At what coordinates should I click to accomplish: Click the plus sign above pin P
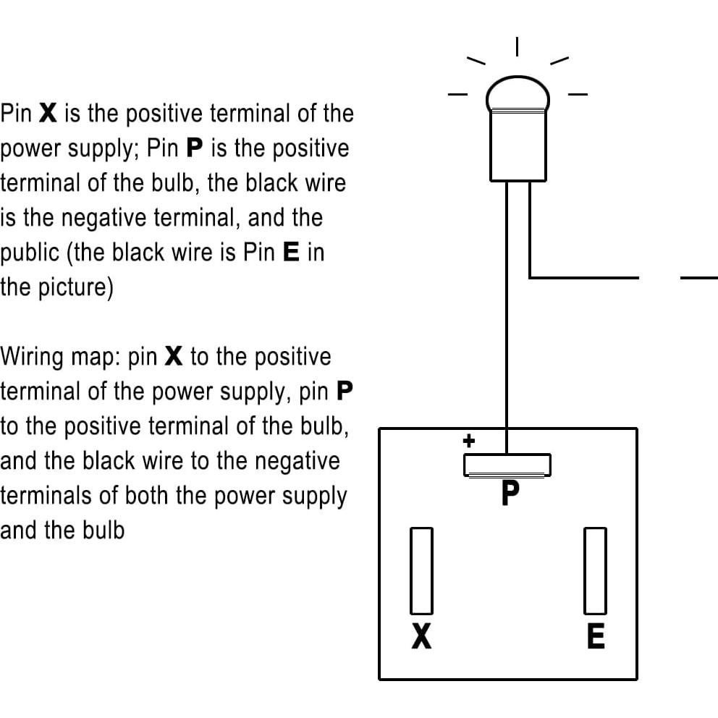point(468,441)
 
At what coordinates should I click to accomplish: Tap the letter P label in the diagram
point(510,492)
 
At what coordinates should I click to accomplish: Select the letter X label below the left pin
point(421,636)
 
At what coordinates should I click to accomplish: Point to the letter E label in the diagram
point(596,636)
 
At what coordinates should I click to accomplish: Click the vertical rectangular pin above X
point(421,570)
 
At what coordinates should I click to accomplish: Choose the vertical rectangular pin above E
point(595,570)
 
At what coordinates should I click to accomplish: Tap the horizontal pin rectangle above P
point(507,465)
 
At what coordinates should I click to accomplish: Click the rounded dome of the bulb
point(518,93)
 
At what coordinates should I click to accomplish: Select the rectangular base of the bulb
point(518,146)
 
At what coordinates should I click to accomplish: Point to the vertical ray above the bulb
point(517,47)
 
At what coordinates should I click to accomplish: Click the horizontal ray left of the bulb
point(457,95)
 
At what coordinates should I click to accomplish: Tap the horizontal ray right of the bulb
point(578,94)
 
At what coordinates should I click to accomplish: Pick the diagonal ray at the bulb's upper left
point(476,61)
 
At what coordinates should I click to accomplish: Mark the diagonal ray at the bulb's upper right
point(559,61)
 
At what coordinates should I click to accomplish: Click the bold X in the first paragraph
point(48,113)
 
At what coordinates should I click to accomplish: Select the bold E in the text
point(291,252)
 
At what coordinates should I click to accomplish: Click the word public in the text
point(30,253)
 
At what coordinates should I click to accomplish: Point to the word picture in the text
point(73,288)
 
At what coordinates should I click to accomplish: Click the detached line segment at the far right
point(699,277)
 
